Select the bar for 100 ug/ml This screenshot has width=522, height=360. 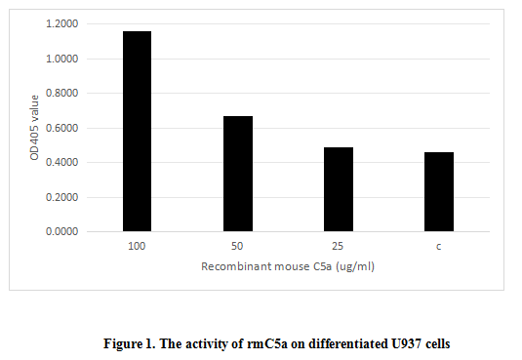pos(137,132)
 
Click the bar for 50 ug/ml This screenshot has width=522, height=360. pos(238,174)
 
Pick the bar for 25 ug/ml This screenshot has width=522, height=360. pos(339,189)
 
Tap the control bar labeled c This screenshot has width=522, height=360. pos(439,192)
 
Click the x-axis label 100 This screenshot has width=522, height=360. pos(137,247)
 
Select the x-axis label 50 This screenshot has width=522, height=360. pos(238,247)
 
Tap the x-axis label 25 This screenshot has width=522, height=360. pos(339,247)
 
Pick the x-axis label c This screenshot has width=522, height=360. pos(439,247)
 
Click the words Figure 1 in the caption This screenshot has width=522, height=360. pos(132,343)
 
